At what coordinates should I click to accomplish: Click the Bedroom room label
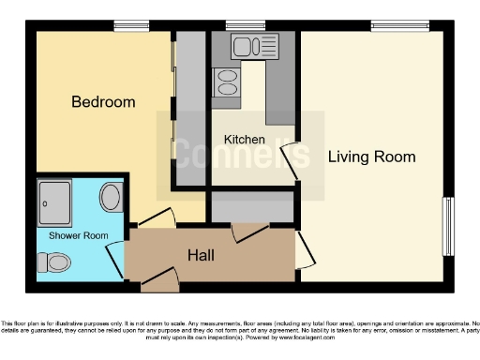(103, 101)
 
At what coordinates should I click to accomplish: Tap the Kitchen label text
(244, 140)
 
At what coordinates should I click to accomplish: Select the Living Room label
(371, 157)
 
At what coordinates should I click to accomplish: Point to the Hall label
(204, 254)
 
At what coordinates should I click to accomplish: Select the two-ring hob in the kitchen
(228, 83)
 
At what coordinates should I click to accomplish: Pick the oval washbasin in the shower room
(110, 198)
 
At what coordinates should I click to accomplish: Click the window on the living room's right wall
(448, 225)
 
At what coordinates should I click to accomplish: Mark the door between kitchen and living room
(299, 156)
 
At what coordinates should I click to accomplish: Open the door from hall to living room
(305, 248)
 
